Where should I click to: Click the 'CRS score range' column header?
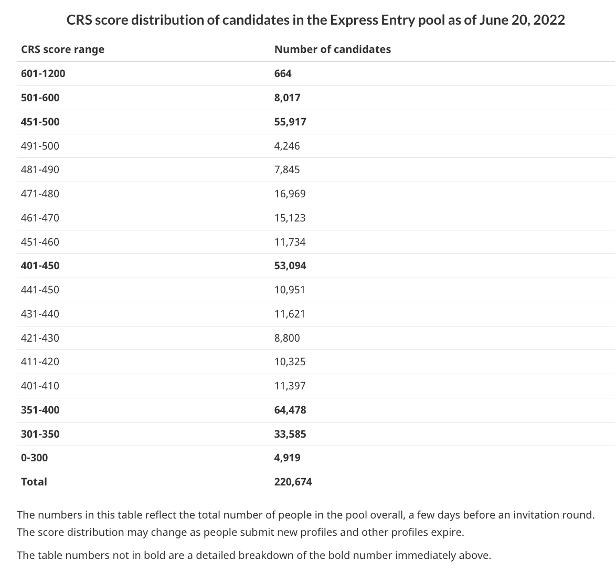[x=63, y=49]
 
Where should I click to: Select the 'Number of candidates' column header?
[x=333, y=49]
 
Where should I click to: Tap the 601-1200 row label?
[x=43, y=74]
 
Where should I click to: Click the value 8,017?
[x=287, y=98]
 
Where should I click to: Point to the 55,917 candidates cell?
[x=290, y=122]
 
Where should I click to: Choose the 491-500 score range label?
[x=40, y=146]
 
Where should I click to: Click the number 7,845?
[x=287, y=170]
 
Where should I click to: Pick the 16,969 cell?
[x=290, y=194]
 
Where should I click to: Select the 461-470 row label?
[x=40, y=218]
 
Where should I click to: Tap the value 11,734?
[x=290, y=242]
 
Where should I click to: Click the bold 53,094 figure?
[x=290, y=266]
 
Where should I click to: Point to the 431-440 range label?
[x=40, y=314]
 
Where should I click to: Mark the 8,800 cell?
[x=287, y=338]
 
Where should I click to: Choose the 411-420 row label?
[x=40, y=362]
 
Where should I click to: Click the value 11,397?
[x=290, y=386]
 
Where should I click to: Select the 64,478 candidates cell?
[x=290, y=410]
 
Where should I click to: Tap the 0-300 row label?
[x=35, y=458]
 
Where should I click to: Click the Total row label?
[x=34, y=482]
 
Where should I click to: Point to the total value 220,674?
[x=293, y=482]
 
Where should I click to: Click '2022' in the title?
[x=549, y=19]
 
